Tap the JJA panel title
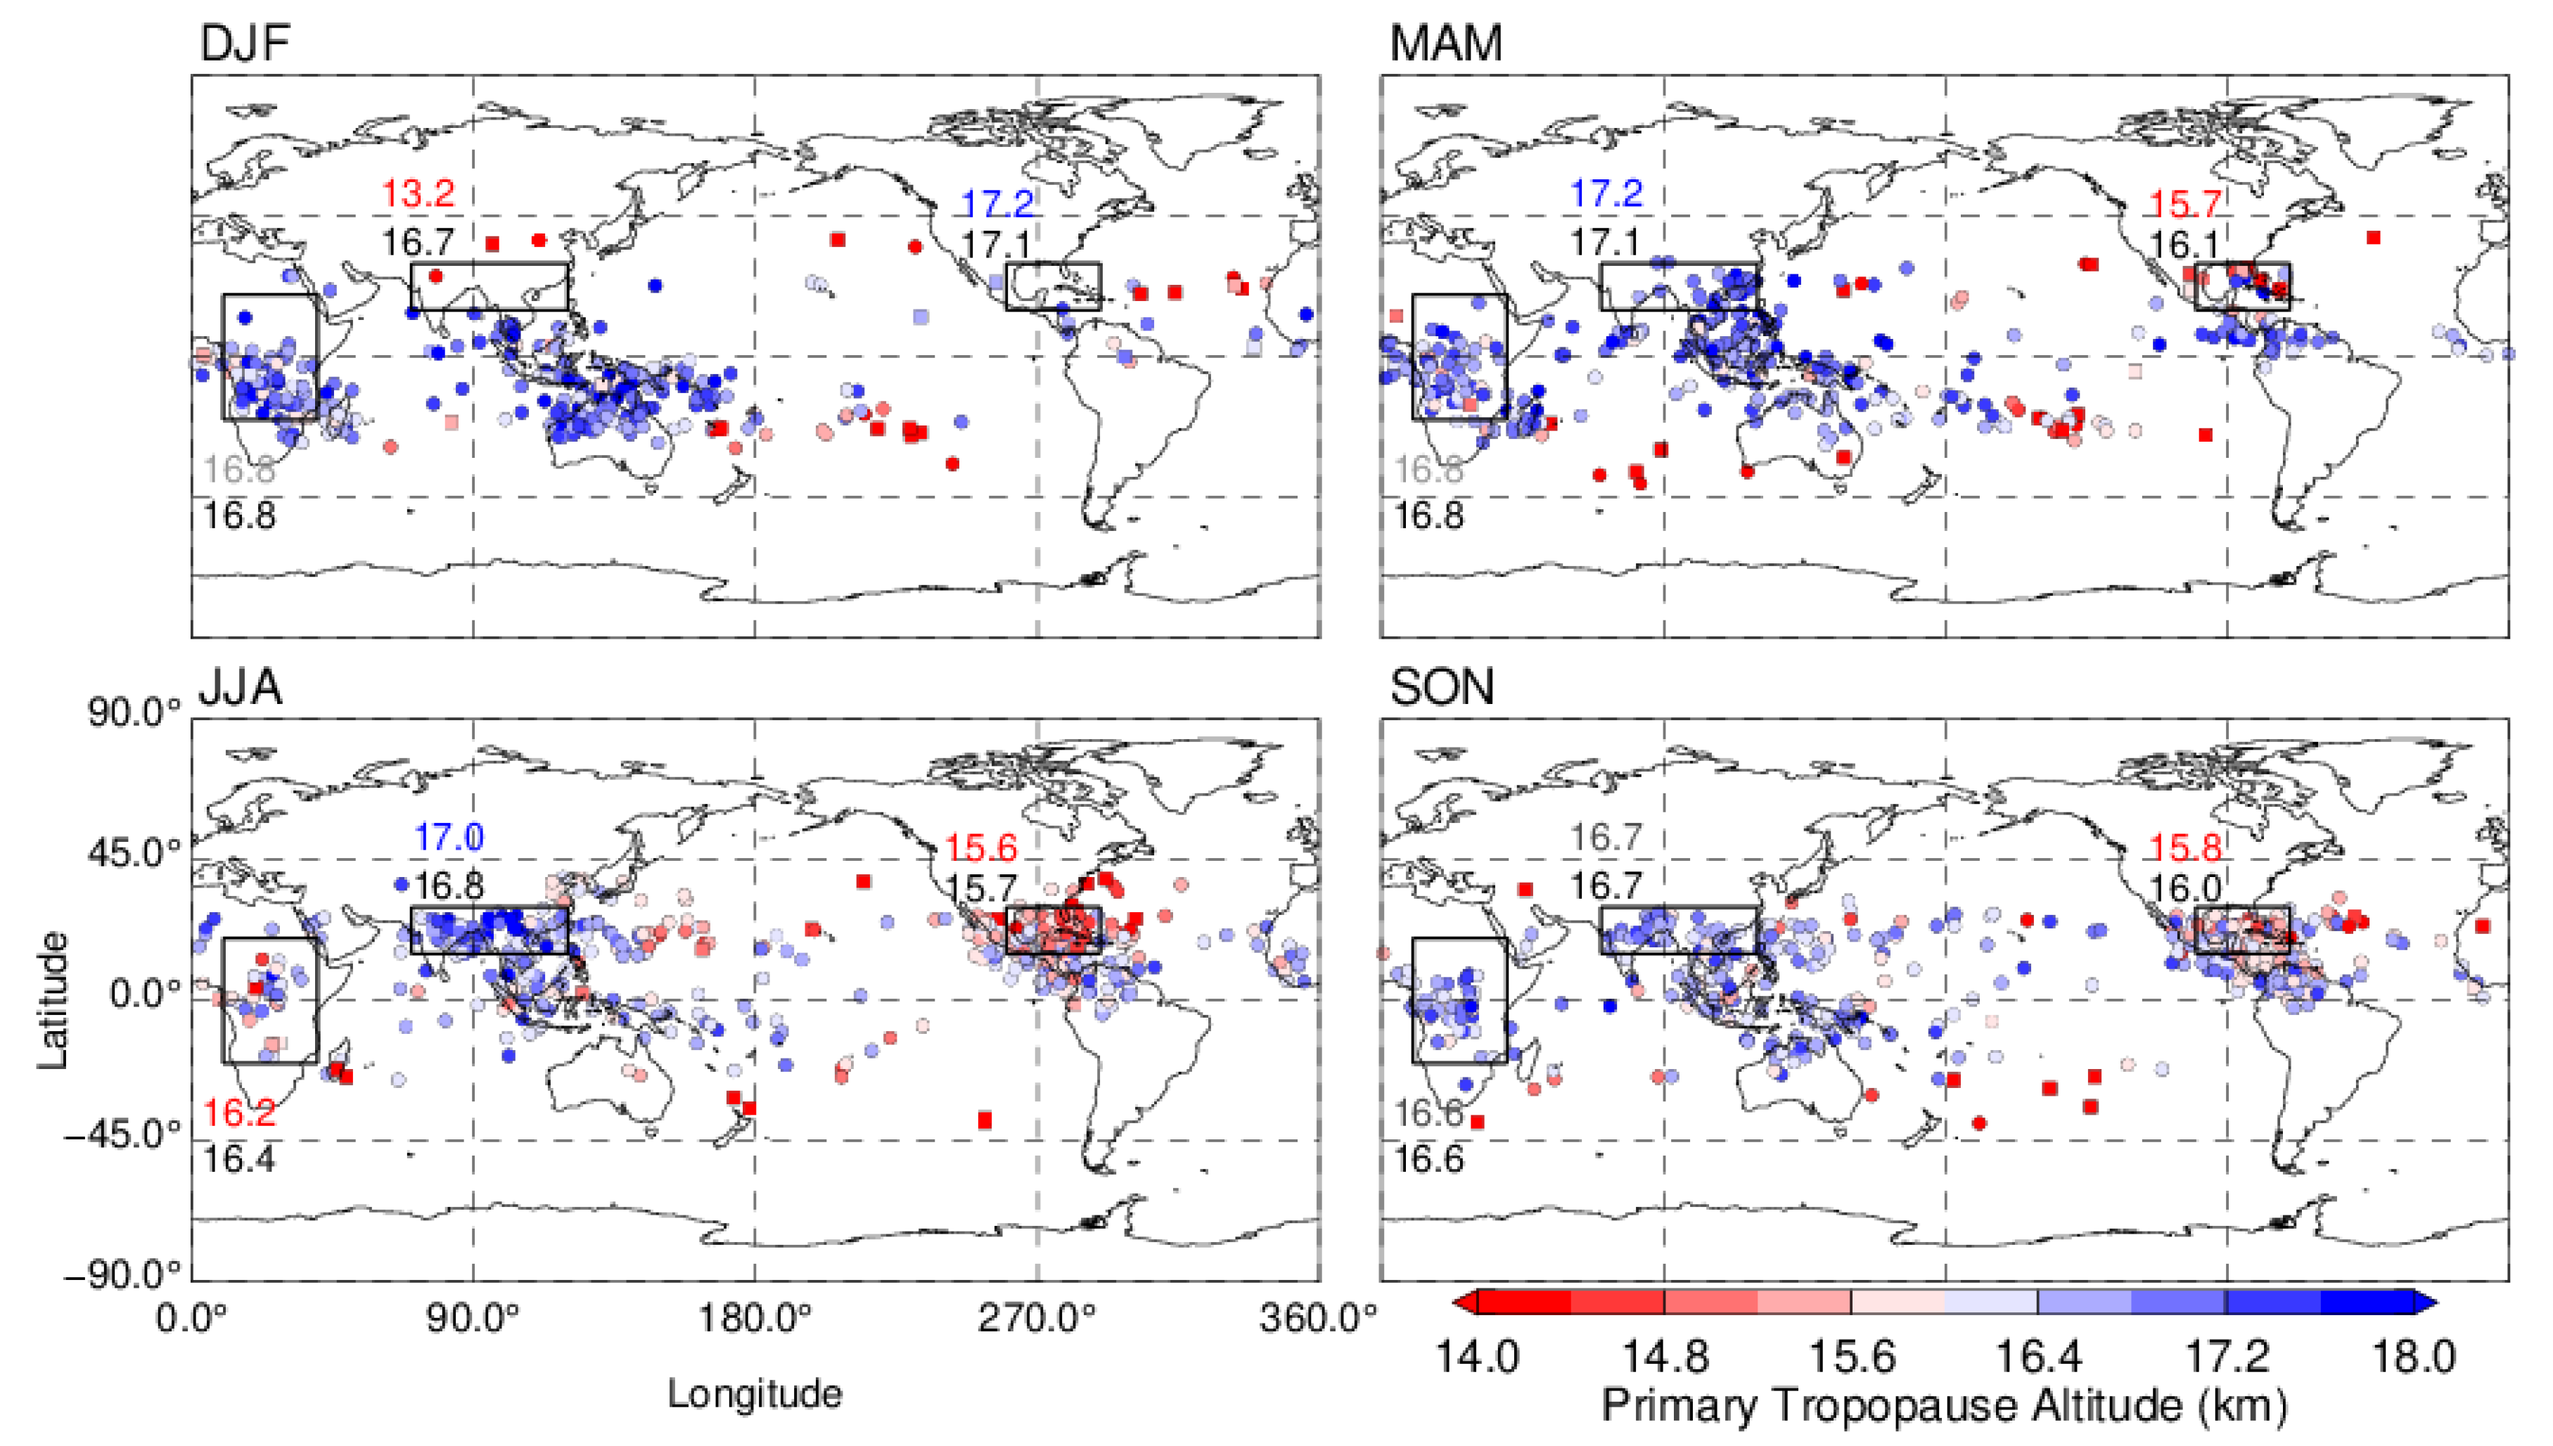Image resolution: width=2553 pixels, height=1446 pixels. pos(241,687)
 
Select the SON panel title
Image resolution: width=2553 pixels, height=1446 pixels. pos(1442,687)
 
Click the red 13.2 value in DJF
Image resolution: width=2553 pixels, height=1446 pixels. pos(418,193)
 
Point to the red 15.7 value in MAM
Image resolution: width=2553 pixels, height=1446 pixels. pos(2184,205)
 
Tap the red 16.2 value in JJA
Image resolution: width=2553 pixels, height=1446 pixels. pos(239,1113)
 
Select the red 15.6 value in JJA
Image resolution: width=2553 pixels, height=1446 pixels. pos(980,848)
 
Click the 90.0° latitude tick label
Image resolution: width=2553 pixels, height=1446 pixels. pos(135,713)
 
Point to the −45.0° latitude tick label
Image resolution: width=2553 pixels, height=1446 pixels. pos(123,1134)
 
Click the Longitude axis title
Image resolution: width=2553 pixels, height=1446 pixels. pos(755,1393)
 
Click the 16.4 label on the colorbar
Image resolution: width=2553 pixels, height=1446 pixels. pos(2037,1357)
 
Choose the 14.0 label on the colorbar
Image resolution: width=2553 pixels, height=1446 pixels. pos(1476,1357)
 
